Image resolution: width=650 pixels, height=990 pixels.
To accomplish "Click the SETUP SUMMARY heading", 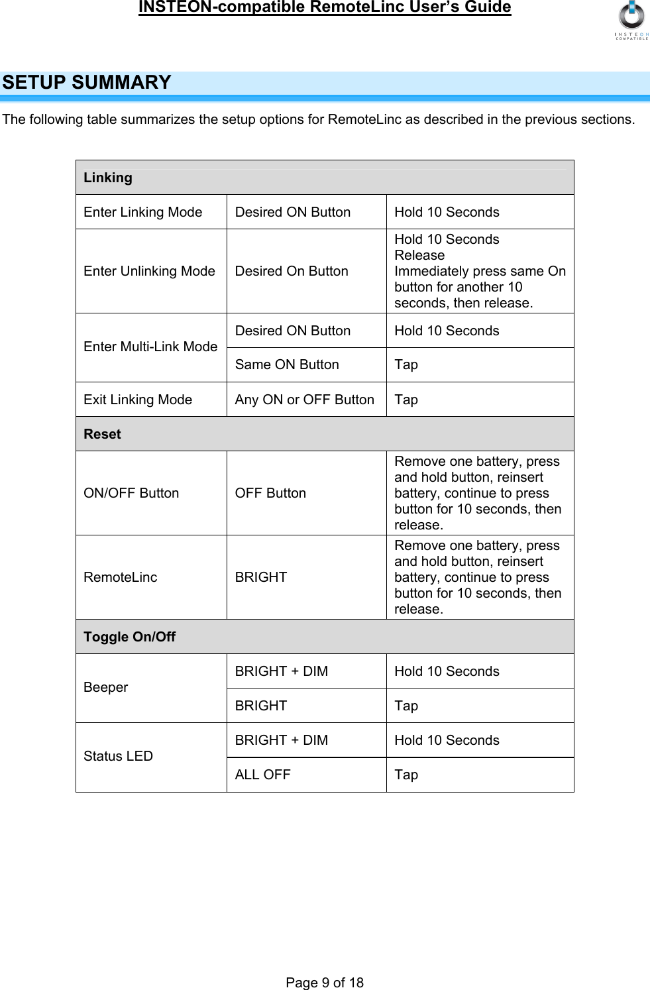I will [x=87, y=83].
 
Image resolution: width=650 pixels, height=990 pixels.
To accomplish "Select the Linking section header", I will [x=108, y=178].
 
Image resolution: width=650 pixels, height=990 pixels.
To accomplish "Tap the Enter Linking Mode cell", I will [x=143, y=212].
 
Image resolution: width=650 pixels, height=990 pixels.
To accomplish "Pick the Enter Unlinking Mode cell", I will [x=149, y=271].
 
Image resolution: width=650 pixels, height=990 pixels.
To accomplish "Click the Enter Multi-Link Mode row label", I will [x=150, y=347].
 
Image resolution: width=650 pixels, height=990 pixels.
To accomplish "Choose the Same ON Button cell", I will [x=287, y=364].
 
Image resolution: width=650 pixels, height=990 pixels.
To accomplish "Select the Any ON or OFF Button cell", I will [x=304, y=400].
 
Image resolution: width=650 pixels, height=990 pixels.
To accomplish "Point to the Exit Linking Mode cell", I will [x=138, y=400].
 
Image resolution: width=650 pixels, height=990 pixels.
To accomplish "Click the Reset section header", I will [x=103, y=434].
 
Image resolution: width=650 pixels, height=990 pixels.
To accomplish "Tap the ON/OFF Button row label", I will [x=131, y=493].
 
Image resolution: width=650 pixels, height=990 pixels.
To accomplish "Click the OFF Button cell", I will [x=270, y=493].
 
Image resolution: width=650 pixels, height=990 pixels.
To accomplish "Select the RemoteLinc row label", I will [x=121, y=577].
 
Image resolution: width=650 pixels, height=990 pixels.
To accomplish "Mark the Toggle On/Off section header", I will [x=130, y=637].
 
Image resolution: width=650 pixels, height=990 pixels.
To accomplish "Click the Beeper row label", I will [x=106, y=687].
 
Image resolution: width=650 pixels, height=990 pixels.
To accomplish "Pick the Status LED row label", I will [x=118, y=756].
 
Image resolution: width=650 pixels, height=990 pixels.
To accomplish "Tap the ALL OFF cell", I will [x=263, y=775].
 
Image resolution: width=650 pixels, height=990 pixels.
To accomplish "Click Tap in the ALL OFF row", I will [x=406, y=775].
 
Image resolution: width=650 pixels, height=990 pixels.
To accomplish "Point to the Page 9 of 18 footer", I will [x=325, y=982].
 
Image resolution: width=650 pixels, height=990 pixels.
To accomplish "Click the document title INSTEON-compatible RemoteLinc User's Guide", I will [x=325, y=7].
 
